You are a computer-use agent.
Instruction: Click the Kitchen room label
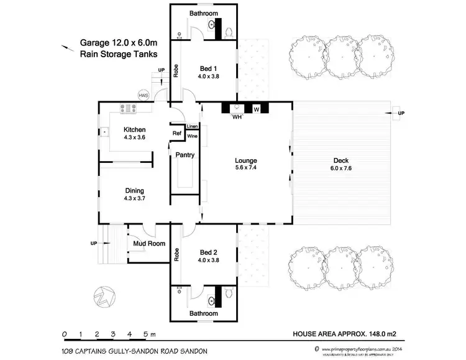click(x=134, y=130)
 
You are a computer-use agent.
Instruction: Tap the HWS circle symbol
click(x=144, y=95)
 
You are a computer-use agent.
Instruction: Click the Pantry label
click(x=185, y=154)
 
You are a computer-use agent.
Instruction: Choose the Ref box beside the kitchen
click(x=176, y=133)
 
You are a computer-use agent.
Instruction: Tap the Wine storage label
click(x=193, y=136)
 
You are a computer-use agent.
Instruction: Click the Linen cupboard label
click(x=193, y=127)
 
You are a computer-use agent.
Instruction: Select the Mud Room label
click(x=149, y=244)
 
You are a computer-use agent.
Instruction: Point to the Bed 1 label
click(x=209, y=68)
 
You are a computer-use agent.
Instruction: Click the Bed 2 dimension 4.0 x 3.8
click(x=209, y=262)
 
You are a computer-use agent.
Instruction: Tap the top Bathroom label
click(x=204, y=13)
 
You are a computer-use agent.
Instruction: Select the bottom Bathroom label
click(x=204, y=314)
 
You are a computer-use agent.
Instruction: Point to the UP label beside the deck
click(x=401, y=113)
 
